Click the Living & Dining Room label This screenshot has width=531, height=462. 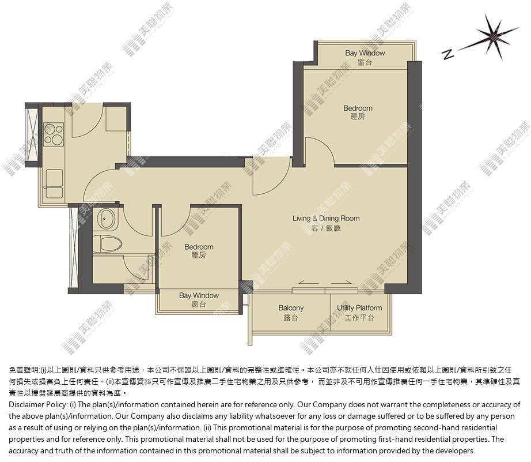point(326,223)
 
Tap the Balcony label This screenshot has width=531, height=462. point(291,313)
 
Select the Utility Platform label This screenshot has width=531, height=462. point(359,313)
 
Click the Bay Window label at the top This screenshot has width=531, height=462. point(365,57)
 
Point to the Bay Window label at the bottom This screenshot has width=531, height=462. point(199,300)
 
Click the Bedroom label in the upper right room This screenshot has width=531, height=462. point(358,112)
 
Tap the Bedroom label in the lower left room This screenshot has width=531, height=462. point(199,251)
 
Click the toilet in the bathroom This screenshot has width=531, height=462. point(108,244)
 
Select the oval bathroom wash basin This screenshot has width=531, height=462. point(106,219)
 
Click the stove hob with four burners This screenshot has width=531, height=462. point(54,134)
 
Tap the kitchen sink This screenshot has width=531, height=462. point(54,183)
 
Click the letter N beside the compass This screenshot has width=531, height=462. point(447,54)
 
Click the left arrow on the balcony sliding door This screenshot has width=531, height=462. point(309,281)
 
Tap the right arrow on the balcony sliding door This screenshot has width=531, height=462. point(342,281)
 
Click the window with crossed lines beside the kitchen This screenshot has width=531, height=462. point(32,134)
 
